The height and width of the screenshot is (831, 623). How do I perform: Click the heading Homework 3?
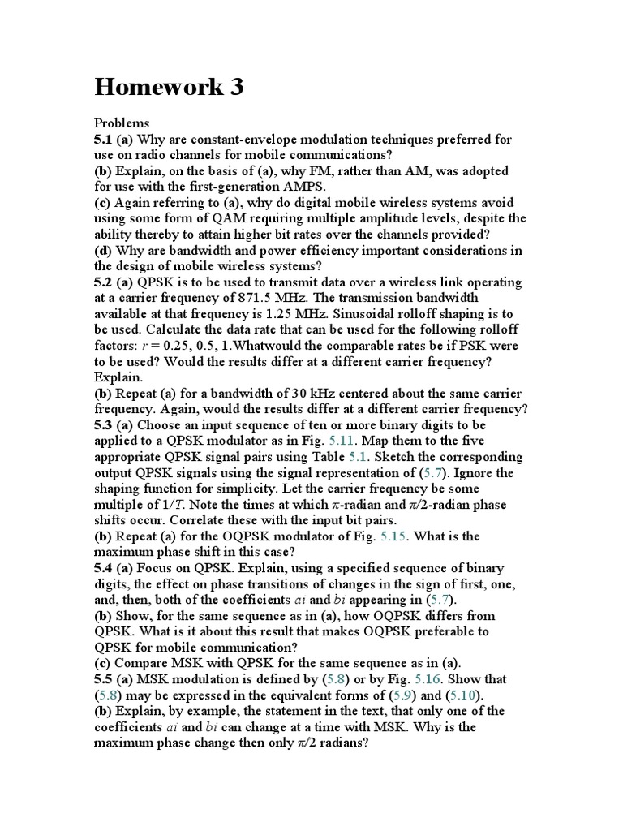point(169,87)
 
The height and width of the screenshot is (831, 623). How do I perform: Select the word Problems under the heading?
point(122,123)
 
